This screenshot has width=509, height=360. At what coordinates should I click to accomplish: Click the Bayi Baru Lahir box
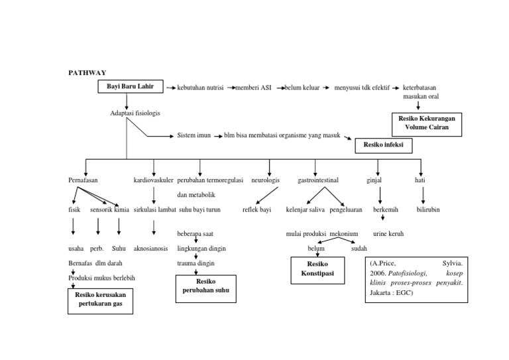[x=130, y=87]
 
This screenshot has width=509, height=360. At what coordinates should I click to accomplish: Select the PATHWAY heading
[x=87, y=72]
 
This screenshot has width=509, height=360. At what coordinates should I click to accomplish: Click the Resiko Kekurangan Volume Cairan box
[x=427, y=123]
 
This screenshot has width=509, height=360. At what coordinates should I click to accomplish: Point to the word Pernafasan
[x=83, y=180]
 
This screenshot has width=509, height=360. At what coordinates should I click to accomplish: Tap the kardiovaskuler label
[x=154, y=180]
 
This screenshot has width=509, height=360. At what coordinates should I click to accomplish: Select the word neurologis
[x=265, y=180]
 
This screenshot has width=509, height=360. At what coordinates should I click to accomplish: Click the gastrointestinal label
[x=318, y=180]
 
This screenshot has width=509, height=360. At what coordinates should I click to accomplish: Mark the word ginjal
[x=374, y=180]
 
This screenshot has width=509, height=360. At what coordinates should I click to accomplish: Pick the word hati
[x=420, y=180]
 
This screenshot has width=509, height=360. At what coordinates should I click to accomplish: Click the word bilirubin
[x=427, y=210]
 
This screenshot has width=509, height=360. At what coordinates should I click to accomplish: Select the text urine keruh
[x=388, y=234]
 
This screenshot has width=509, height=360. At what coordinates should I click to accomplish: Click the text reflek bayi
[x=256, y=210]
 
